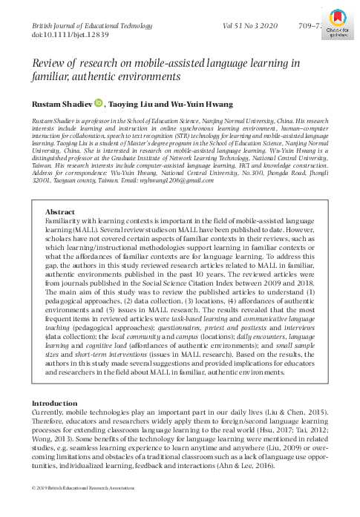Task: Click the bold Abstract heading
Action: (x=60, y=191)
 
